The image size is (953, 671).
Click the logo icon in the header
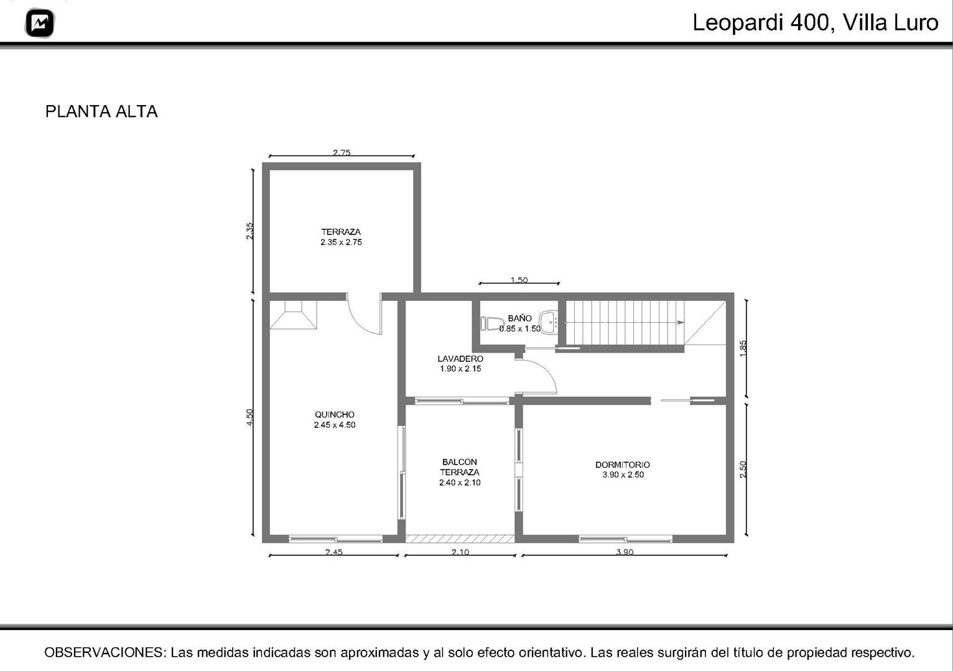(x=40, y=22)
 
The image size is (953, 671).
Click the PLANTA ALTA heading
(x=101, y=111)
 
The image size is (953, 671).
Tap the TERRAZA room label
(x=341, y=232)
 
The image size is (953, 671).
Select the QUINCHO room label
(x=335, y=415)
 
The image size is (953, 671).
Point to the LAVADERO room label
(x=460, y=358)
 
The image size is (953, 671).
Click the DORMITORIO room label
(x=623, y=465)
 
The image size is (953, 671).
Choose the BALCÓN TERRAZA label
(x=460, y=467)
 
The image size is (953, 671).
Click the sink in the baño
(x=549, y=322)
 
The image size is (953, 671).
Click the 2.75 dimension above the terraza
(x=342, y=152)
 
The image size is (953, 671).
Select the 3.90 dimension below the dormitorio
(x=625, y=552)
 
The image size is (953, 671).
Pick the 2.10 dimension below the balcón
(x=460, y=552)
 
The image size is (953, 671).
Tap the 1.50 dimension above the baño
(x=519, y=280)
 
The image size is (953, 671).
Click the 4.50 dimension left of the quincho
(x=249, y=417)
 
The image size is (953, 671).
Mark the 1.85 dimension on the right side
(x=743, y=348)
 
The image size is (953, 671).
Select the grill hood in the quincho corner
(x=293, y=315)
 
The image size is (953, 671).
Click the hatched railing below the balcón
(x=460, y=539)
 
